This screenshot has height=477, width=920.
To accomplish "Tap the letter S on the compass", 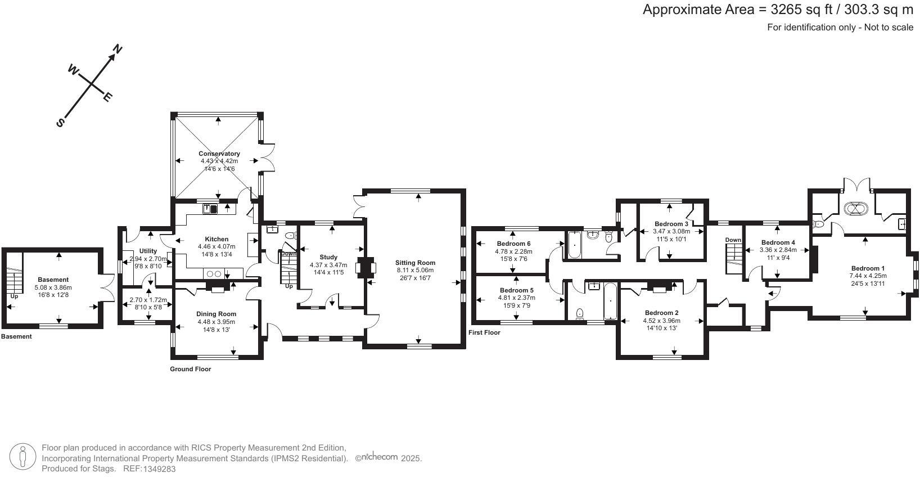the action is [x=61, y=123].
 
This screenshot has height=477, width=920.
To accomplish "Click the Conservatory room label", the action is [x=219, y=154].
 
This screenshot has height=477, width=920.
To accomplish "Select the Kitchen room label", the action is [x=217, y=239].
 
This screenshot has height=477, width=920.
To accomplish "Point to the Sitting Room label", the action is [x=415, y=263].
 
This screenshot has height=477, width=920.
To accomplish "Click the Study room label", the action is [x=328, y=257].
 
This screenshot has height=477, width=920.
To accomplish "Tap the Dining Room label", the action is [x=217, y=314].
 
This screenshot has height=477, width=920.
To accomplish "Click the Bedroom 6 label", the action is [x=513, y=244].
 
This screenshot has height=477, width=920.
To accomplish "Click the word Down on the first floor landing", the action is [x=733, y=240].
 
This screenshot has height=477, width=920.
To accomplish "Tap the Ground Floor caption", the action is [x=191, y=369].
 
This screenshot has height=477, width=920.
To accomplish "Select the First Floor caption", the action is [x=484, y=332].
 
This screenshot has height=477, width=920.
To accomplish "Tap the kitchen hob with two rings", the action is [x=214, y=274].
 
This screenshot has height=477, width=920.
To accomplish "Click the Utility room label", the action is [x=148, y=251].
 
